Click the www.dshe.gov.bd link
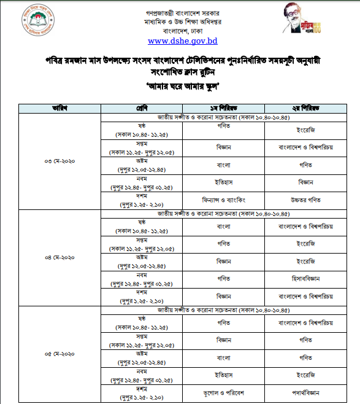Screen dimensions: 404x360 tap(183, 42)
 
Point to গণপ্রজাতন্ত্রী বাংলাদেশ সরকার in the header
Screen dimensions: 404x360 tap(183, 10)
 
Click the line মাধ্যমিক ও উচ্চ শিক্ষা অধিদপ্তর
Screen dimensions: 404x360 tap(183, 20)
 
